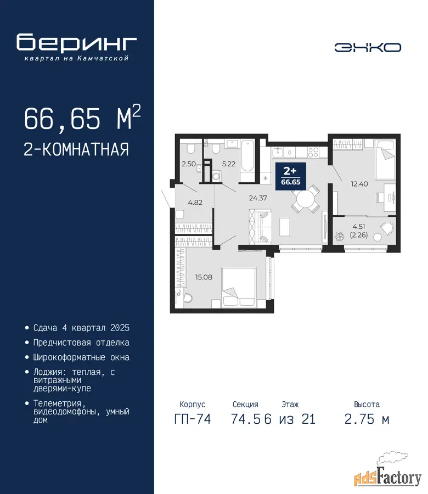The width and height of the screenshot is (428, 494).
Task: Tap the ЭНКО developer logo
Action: [x=368, y=48]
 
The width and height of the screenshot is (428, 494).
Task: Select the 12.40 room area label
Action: [x=359, y=184]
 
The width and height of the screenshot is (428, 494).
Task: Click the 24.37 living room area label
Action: [x=257, y=198]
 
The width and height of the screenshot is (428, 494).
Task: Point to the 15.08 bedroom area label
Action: [x=204, y=277]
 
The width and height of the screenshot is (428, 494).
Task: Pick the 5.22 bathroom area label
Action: [x=229, y=164]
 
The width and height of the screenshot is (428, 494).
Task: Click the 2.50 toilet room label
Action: [x=189, y=164]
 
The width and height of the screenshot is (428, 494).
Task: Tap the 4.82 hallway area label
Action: [x=195, y=203]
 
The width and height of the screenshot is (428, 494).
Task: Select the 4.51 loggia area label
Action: [x=359, y=227]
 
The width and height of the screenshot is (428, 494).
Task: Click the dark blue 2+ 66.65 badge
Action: [x=290, y=176]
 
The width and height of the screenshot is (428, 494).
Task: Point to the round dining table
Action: [x=305, y=199]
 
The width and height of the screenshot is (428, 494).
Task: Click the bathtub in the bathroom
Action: [x=247, y=160]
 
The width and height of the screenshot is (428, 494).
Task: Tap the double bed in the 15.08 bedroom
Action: [x=238, y=287]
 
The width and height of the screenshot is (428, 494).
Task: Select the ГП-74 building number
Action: [x=193, y=419]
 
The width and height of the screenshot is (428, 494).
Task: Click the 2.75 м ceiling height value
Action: [x=367, y=419]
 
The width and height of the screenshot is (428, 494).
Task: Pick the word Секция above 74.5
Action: [x=245, y=404]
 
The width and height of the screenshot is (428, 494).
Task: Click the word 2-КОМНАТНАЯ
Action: [x=76, y=149]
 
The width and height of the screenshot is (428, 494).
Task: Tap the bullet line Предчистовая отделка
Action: [x=81, y=343]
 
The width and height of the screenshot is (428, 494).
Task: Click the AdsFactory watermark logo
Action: [x=388, y=474]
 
